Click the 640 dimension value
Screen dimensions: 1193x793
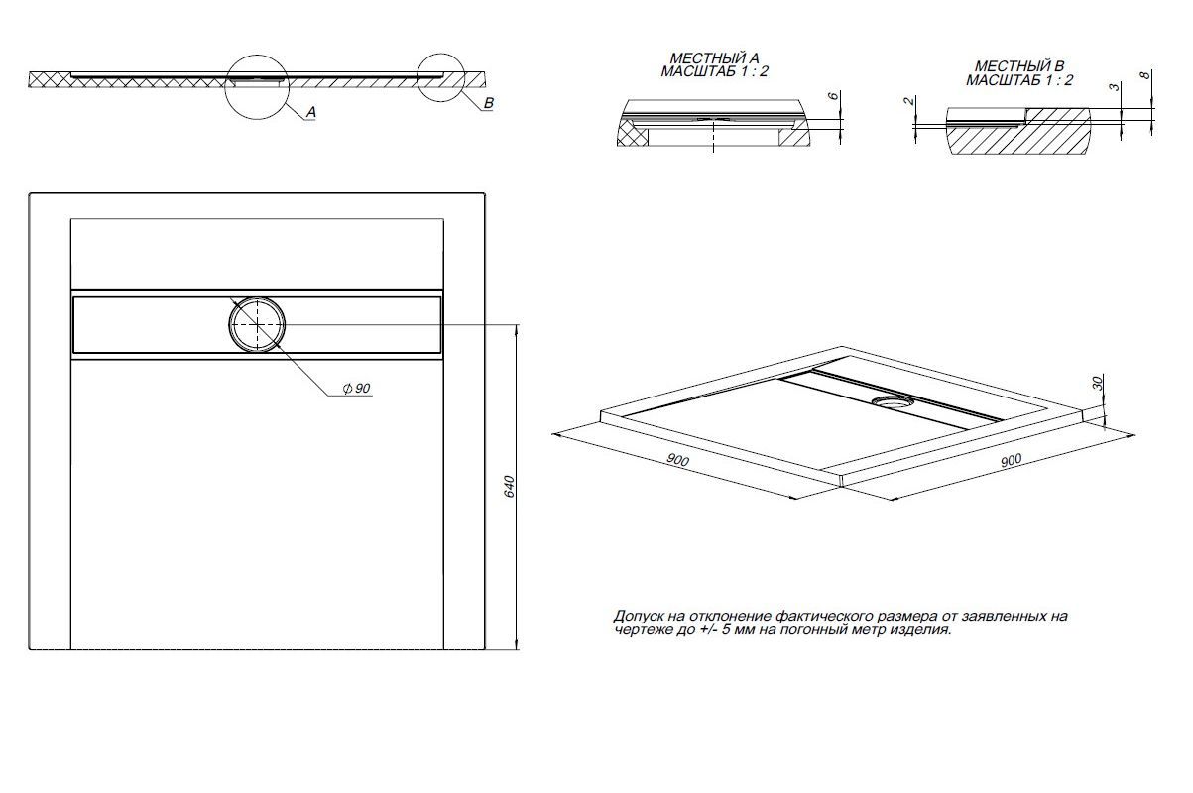pyautogui.click(x=509, y=487)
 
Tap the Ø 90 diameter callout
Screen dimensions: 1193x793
pyautogui.click(x=357, y=389)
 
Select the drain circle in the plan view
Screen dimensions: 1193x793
pyautogui.click(x=257, y=325)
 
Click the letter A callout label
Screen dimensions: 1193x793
pyautogui.click(x=311, y=112)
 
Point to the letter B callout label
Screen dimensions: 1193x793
pyautogui.click(x=489, y=103)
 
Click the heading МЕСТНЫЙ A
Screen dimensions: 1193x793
pyautogui.click(x=714, y=58)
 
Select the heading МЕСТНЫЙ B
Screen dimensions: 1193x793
pyautogui.click(x=1019, y=66)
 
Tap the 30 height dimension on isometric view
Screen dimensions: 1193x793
pyautogui.click(x=1097, y=383)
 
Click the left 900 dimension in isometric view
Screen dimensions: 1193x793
pyautogui.click(x=678, y=460)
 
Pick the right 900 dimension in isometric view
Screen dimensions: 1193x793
pyautogui.click(x=1011, y=460)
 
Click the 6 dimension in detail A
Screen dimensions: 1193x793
pyautogui.click(x=833, y=96)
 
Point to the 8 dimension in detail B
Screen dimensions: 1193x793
pyautogui.click(x=1145, y=75)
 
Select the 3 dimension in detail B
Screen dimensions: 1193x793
pyautogui.click(x=1115, y=86)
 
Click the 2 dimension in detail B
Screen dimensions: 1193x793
pyautogui.click(x=909, y=100)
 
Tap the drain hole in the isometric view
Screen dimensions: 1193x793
pyautogui.click(x=894, y=401)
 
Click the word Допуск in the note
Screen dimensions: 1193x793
pyautogui.click(x=638, y=617)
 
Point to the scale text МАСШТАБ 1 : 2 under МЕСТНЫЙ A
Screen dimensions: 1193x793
pyautogui.click(x=715, y=71)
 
